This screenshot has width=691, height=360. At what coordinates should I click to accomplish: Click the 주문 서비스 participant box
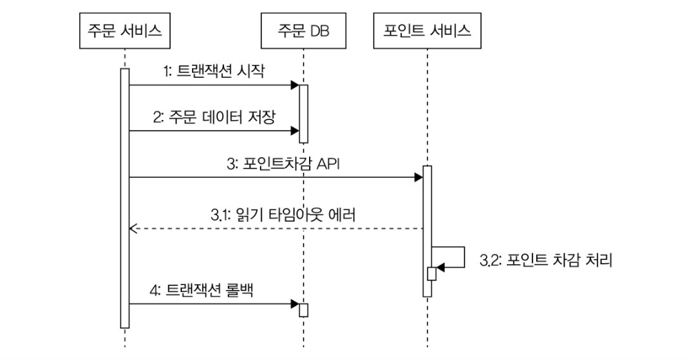pos(124,32)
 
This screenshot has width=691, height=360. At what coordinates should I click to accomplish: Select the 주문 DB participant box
pos(303,32)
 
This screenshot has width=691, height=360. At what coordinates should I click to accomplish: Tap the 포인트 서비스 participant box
pos(427,32)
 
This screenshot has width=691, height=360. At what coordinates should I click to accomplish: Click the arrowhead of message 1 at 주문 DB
pos(294,86)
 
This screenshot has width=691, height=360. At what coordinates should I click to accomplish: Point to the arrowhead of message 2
pos(294,131)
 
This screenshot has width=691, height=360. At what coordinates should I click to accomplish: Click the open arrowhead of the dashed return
pos(132,229)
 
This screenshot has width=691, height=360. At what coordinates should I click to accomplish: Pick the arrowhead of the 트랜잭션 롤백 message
pos(294,304)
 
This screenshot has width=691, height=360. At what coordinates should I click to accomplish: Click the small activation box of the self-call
pos(431,274)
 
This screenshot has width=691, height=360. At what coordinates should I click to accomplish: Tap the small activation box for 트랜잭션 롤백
pos(303,310)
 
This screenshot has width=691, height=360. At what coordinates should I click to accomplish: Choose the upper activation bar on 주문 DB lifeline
pos(303,114)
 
